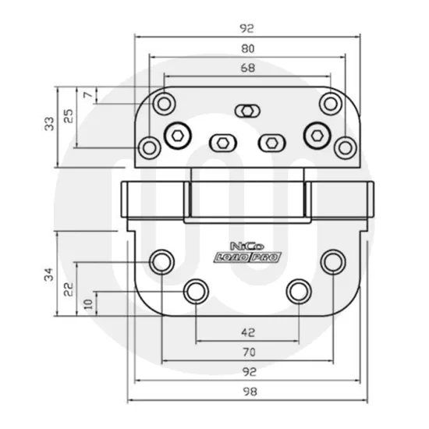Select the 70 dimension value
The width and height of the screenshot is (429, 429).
coord(249,353)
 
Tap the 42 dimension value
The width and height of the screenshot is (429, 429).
coord(249,331)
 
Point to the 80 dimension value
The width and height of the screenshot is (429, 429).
coord(249,48)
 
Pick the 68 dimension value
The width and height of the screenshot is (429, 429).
coord(249,68)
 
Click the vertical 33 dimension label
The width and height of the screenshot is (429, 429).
coord(49,123)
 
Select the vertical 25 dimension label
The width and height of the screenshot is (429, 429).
coord(69,115)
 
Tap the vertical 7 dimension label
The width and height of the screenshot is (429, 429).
coord(87,94)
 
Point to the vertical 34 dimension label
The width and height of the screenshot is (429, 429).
coord(49,275)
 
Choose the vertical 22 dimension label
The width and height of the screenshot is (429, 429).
coord(69,289)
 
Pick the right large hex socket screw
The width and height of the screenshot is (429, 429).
coord(317,134)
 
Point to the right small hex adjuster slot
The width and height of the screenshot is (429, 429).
coord(271,142)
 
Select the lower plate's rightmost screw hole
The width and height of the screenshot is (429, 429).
coord(333,261)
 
